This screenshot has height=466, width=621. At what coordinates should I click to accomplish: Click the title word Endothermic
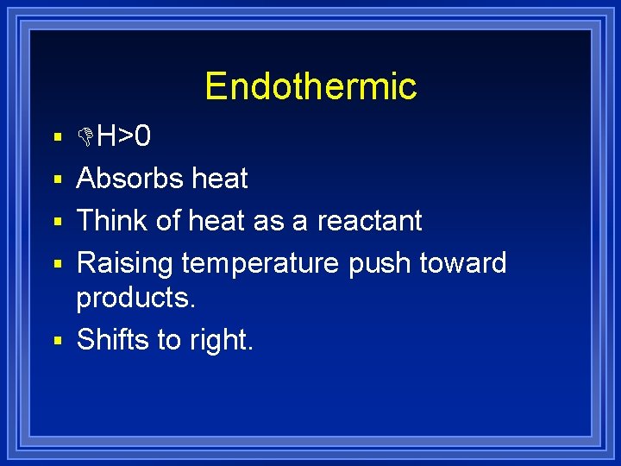(x=310, y=86)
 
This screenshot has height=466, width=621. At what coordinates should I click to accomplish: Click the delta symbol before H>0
(x=85, y=136)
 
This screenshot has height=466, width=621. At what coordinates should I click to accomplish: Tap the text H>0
(x=123, y=136)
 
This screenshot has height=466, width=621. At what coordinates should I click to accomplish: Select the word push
(x=380, y=263)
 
